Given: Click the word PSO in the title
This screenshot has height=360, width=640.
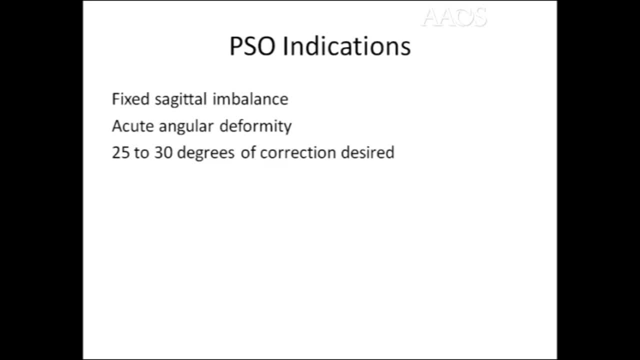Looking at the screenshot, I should (253, 46).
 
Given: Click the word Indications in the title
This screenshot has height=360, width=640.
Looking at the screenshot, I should (346, 46).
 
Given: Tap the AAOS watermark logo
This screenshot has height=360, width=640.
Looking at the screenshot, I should (454, 18).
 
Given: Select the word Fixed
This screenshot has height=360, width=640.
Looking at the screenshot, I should (131, 99).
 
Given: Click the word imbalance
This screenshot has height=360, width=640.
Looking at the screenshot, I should (250, 99).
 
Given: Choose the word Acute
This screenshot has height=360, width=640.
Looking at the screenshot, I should (132, 126).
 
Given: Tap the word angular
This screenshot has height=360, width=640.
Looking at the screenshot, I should (186, 126).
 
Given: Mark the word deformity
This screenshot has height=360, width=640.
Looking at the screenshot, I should (255, 126).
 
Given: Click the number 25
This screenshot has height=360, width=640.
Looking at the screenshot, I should (120, 152).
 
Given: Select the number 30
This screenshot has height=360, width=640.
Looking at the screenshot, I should (163, 152).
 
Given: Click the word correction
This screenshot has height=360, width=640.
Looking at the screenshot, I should (298, 152).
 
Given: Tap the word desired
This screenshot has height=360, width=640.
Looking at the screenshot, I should (367, 152).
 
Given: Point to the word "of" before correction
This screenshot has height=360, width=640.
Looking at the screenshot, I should (248, 152).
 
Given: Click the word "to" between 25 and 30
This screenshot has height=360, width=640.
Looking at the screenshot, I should (141, 152).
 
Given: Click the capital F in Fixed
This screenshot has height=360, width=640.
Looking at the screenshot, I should (115, 99).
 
